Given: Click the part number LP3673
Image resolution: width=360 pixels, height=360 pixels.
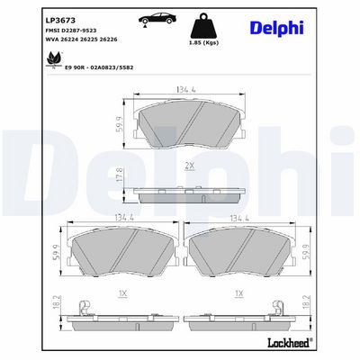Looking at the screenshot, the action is click(x=60, y=21).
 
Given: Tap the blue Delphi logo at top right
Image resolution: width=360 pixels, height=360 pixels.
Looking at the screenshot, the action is click(x=276, y=29).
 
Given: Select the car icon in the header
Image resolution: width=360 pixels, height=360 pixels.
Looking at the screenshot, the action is click(x=157, y=19).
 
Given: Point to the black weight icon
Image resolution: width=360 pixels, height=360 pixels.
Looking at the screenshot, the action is click(x=203, y=25).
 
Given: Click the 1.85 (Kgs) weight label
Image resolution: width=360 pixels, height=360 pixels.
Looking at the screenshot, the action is click(x=203, y=42).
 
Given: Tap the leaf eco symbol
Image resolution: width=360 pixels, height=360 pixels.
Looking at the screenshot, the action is click(x=54, y=59).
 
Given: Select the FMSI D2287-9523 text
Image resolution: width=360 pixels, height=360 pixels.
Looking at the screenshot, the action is click(x=70, y=31).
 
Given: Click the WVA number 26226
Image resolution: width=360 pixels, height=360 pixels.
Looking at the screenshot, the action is click(x=108, y=40).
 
